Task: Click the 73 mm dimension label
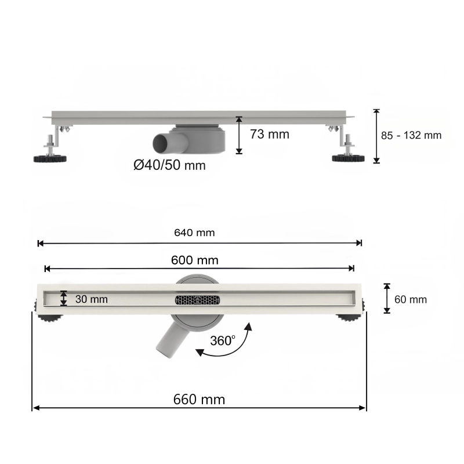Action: [269, 135]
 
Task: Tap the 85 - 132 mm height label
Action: [411, 136]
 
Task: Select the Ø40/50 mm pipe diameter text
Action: [169, 165]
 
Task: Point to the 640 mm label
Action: [194, 233]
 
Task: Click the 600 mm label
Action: [195, 260]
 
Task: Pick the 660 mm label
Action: [199, 400]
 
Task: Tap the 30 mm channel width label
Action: [92, 299]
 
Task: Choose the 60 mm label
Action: [411, 299]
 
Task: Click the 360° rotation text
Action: [223, 340]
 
